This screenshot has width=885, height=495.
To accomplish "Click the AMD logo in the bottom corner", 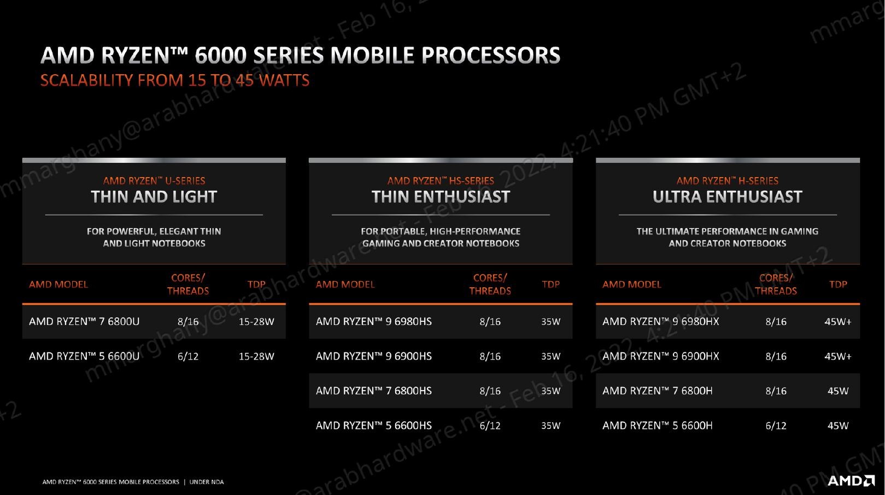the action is coord(851,480).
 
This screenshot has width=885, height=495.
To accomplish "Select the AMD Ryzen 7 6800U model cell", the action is coord(84,321).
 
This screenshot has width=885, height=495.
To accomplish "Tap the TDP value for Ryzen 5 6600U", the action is coord(256,356).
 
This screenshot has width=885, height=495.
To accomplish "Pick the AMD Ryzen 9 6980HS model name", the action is coord(374,321).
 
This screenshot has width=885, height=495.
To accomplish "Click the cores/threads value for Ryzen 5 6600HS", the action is coord(490,426).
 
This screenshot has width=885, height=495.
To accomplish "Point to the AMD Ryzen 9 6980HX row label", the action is coord(660,321).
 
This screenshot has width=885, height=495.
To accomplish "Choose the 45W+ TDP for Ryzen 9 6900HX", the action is coord(838,356).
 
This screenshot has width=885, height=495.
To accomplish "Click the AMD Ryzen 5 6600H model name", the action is coord(658,426).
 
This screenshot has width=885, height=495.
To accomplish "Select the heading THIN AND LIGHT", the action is coord(154,197).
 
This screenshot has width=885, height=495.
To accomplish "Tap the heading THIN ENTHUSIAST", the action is coord(441,197).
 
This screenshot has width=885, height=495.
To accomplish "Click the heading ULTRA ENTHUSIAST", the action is coord(728,197).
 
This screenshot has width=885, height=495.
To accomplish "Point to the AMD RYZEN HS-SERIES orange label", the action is coord(441,181).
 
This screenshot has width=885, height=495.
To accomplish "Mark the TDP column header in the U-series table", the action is coord(256,284).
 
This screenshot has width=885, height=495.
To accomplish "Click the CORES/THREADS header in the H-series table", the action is coord(776,284).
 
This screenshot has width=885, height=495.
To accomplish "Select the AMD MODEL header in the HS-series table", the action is coord(345,284).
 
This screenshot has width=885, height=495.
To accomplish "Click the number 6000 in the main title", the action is coord(220,55).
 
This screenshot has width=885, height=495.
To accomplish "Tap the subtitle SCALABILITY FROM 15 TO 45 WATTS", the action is coord(174,80).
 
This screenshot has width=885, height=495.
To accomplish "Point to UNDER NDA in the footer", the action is coord(207,482).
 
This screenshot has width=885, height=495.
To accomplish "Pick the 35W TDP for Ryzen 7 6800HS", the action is coord(551,391).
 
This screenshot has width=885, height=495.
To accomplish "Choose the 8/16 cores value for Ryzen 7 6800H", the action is coord(776,391).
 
